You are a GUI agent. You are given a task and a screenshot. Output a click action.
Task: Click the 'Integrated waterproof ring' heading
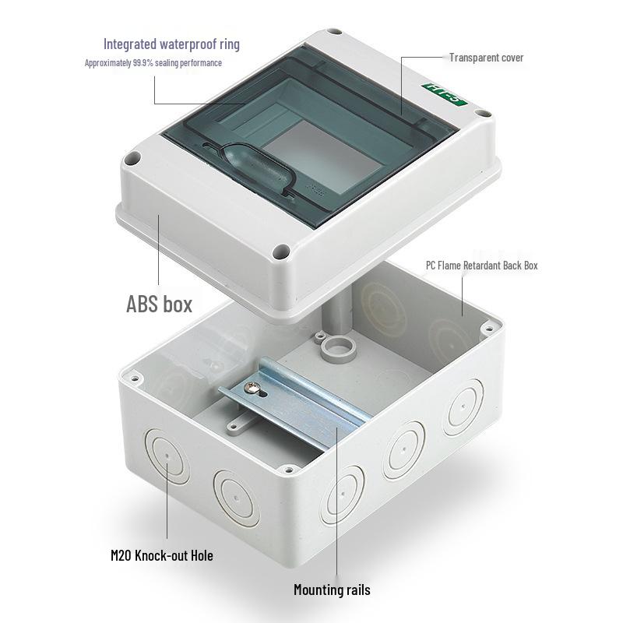(171, 44)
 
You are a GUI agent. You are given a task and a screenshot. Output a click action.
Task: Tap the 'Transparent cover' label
(486, 58)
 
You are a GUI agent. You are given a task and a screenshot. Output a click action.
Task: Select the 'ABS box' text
(160, 304)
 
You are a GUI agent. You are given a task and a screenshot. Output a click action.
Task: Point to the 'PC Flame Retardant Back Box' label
(481, 266)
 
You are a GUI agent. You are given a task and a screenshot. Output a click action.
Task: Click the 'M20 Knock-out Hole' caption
(162, 555)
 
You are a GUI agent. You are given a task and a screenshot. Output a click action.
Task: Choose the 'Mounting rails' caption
(333, 590)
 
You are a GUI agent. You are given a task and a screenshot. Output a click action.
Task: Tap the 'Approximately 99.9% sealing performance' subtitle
(153, 63)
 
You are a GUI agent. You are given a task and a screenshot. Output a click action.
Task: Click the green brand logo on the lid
(445, 93)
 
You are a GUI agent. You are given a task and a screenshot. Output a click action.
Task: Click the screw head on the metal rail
(251, 386)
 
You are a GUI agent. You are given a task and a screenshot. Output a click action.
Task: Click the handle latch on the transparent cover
(258, 167)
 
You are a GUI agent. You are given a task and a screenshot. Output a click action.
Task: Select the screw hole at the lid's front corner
(281, 251)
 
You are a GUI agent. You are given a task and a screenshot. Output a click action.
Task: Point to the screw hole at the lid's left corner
(132, 159)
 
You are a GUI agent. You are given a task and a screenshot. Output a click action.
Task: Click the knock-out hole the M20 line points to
(167, 455)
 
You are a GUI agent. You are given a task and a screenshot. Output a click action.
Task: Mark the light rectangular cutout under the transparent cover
(322, 157)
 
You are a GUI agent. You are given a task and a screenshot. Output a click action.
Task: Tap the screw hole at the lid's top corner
(334, 31)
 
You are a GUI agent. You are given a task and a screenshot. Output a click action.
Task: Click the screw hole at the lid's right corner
(484, 113)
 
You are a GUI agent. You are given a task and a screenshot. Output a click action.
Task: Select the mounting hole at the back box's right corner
(488, 329)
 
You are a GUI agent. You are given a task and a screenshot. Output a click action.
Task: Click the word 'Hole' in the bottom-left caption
(202, 555)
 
